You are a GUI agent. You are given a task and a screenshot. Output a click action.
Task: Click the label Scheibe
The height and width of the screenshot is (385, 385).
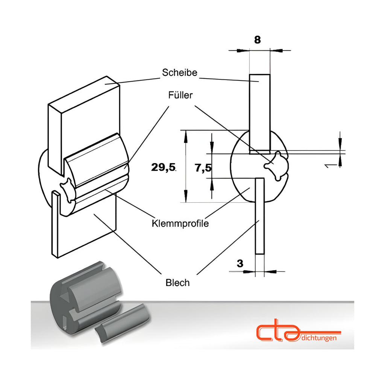tap(179, 73)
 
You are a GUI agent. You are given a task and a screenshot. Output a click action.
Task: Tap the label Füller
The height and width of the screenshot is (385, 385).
tap(180, 95)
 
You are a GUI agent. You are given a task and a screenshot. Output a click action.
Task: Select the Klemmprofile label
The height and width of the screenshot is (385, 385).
tap(180, 223)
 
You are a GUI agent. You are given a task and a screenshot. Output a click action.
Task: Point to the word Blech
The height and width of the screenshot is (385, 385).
tap(177, 283)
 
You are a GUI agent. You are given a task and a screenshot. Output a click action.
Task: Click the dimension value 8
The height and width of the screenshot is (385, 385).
tap(257, 40)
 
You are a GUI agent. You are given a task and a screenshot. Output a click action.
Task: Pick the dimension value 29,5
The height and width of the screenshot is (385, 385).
tap(163, 167)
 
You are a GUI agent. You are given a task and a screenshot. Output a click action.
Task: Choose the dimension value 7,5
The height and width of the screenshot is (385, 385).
tap(203, 168)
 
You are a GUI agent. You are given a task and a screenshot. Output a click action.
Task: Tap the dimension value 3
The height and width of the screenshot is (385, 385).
tap(240, 264)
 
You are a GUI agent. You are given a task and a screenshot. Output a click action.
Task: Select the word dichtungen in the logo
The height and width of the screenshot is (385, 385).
tap(319, 338)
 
